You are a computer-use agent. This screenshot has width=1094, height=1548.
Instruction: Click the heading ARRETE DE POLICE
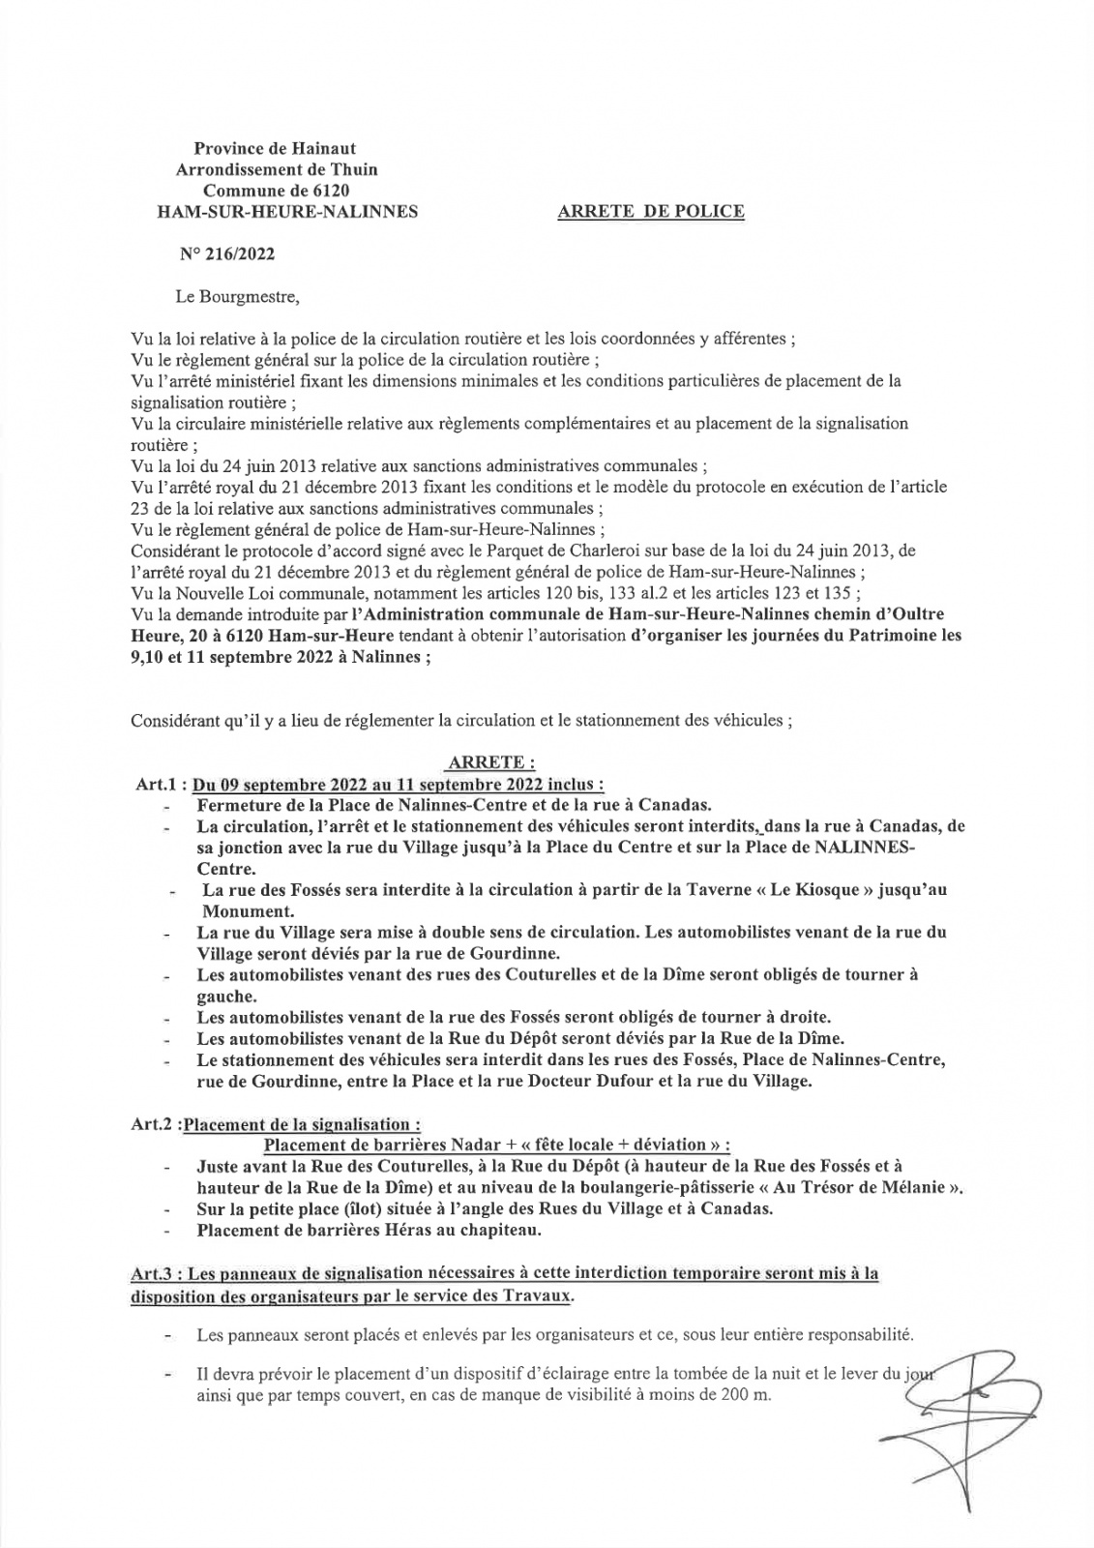click(x=651, y=212)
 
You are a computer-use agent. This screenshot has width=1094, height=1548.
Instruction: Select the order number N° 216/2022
click(x=226, y=255)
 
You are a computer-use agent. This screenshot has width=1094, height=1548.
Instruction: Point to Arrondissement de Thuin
click(x=276, y=169)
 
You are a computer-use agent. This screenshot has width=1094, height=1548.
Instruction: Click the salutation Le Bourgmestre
click(x=238, y=297)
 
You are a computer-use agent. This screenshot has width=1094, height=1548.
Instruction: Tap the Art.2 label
click(x=153, y=1124)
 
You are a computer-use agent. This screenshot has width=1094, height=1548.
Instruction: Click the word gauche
click(x=223, y=996)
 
